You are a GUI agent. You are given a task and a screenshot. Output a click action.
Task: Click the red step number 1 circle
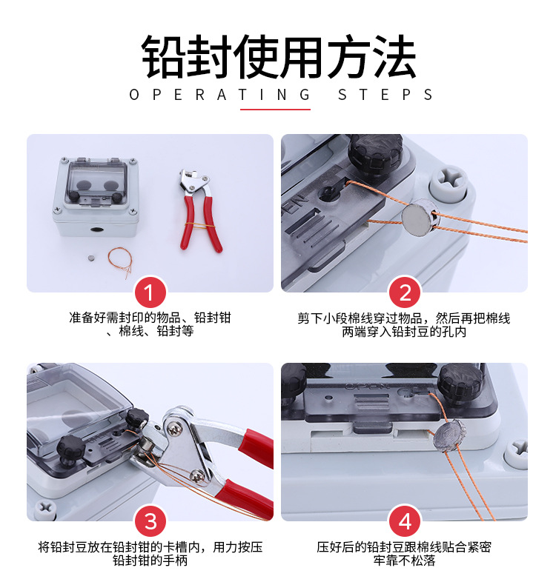150,292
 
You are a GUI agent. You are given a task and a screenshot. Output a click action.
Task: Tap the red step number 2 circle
405,292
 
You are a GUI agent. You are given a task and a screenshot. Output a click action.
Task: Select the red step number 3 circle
150,521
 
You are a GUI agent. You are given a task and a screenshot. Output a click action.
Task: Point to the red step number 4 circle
405,521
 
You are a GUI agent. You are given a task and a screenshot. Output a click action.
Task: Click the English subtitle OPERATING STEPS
281,95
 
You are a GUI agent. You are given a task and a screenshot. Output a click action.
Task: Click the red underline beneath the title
275,110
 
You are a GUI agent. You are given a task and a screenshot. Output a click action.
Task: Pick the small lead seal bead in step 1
91,258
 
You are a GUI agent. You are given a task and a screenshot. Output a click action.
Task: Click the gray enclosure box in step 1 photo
96,197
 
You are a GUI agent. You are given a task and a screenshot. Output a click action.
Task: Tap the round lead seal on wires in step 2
420,217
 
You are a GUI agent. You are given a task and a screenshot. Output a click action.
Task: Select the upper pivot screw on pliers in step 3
174,429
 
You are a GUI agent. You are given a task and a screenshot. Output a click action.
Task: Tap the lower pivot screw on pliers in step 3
196,476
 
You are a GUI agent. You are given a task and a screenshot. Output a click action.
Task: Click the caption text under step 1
150,324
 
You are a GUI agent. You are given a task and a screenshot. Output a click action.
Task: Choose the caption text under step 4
404,553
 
